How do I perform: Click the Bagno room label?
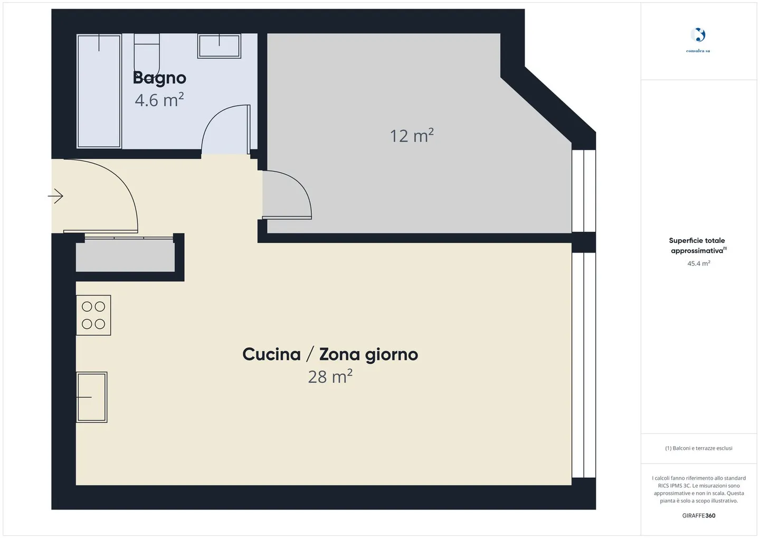[159, 78]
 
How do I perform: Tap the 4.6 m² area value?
[159, 100]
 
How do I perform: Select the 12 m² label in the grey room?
[412, 136]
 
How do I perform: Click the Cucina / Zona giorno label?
[330, 354]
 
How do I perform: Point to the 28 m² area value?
[330, 376]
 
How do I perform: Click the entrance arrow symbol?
[56, 196]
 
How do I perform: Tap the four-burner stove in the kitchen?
[93, 315]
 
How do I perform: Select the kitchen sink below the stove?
[92, 397]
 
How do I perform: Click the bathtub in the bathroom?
[99, 91]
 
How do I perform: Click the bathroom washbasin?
[219, 46]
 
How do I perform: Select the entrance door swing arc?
[113, 190]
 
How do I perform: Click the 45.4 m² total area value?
[698, 263]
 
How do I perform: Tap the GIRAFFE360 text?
[698, 516]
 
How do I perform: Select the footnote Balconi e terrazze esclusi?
[698, 448]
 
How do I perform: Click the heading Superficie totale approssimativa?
[697, 246]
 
